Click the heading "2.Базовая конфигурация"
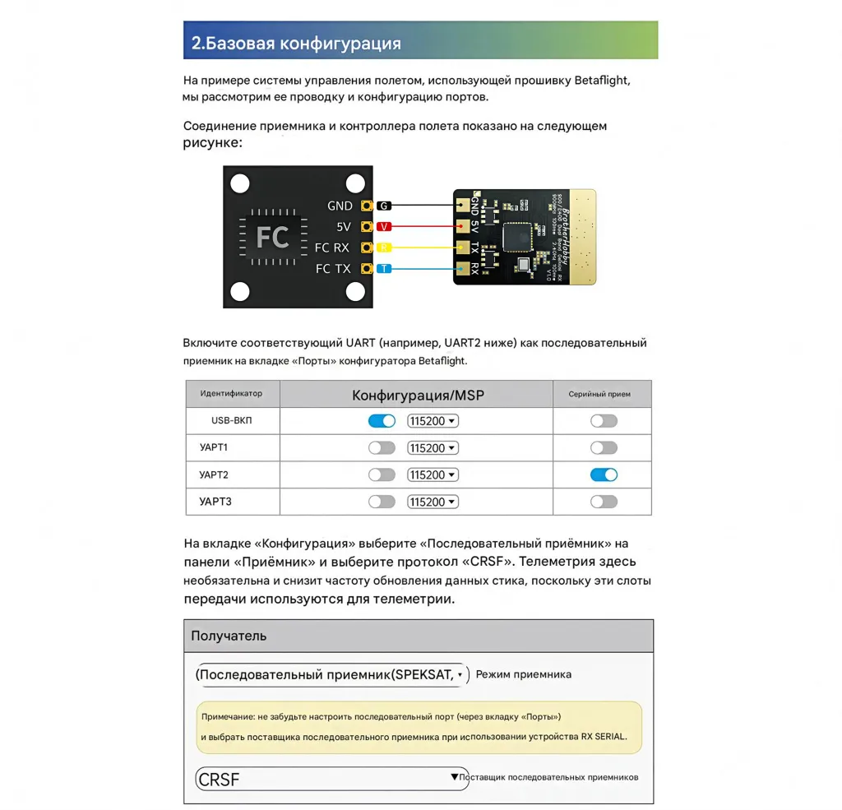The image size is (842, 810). pyautogui.click(x=296, y=43)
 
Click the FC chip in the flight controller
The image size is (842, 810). pyautogui.click(x=272, y=237)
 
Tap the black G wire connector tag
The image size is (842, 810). pyautogui.click(x=384, y=206)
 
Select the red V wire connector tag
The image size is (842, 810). pyautogui.click(x=384, y=226)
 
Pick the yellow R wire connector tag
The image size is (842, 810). pyautogui.click(x=384, y=247)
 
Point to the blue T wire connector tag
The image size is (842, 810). pyautogui.click(x=384, y=268)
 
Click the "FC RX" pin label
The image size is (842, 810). pyautogui.click(x=332, y=248)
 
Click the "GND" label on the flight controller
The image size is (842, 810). pyautogui.click(x=340, y=206)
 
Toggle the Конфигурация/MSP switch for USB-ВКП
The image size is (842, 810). pyautogui.click(x=382, y=421)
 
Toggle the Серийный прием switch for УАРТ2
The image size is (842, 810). pyautogui.click(x=604, y=474)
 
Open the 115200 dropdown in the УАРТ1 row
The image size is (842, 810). pyautogui.click(x=433, y=448)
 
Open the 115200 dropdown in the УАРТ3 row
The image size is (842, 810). pyautogui.click(x=433, y=502)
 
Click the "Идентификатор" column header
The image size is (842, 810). pyautogui.click(x=231, y=394)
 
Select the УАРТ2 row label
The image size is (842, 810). pyautogui.click(x=214, y=474)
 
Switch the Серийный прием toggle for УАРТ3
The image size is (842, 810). pyautogui.click(x=604, y=502)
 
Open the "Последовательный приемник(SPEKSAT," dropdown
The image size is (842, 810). pyautogui.click(x=332, y=674)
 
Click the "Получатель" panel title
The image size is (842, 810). pyautogui.click(x=229, y=636)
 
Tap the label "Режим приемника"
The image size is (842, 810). pyautogui.click(x=523, y=674)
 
